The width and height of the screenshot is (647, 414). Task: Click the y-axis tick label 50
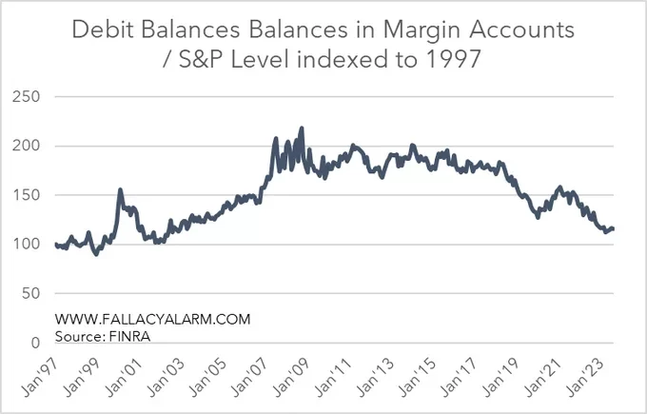click(x=29, y=293)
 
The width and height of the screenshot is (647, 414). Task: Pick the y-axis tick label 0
click(x=33, y=343)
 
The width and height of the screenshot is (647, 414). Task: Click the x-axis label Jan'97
click(x=38, y=374)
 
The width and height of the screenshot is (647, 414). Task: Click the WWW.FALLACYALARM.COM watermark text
click(x=153, y=320)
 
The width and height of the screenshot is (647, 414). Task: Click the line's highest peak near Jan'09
click(x=302, y=128)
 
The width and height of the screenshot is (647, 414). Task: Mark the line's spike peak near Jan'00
click(x=120, y=189)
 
